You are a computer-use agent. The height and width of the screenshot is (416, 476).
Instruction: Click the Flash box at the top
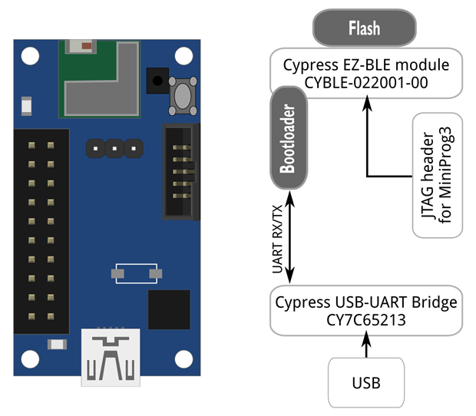click(x=364, y=29)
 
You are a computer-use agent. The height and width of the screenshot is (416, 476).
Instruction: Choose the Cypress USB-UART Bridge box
click(x=365, y=311)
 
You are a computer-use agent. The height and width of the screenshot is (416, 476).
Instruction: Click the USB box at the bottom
click(x=365, y=382)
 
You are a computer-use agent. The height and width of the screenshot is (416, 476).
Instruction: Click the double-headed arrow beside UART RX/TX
click(x=291, y=239)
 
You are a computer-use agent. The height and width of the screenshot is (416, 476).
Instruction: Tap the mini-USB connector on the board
click(x=111, y=356)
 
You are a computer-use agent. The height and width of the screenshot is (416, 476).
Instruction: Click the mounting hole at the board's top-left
click(x=29, y=55)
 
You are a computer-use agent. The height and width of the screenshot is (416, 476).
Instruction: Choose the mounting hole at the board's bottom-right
click(x=183, y=359)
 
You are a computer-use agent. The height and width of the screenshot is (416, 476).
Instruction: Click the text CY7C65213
click(x=365, y=320)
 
